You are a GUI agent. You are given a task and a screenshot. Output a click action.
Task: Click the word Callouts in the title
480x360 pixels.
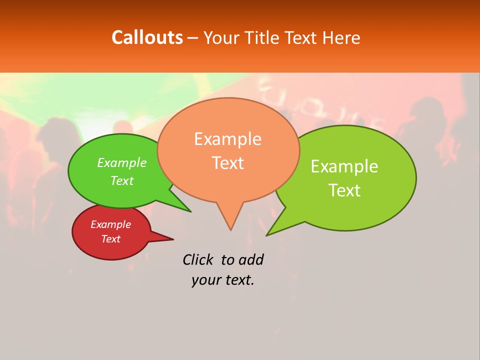(147, 37)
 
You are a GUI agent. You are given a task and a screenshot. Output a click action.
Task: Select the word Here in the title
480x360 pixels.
(341, 37)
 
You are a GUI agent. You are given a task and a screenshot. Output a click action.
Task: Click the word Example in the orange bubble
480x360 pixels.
(227, 139)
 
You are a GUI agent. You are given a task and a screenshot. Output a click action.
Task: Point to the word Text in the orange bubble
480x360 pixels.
(227, 162)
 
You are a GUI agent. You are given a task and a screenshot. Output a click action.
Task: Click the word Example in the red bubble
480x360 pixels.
(110, 224)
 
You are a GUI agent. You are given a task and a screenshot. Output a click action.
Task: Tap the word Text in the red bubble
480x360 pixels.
(110, 239)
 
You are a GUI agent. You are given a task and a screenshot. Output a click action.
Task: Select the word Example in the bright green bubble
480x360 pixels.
(121, 163)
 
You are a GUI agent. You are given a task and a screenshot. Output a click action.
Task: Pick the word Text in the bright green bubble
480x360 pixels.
(121, 180)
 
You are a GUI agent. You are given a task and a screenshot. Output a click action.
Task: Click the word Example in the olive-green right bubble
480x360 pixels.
(344, 166)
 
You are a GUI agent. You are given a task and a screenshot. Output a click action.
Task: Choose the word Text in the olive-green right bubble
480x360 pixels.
(344, 190)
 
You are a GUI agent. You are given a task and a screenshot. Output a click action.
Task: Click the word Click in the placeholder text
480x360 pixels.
(197, 259)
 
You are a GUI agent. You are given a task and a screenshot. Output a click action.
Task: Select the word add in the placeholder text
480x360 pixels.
(251, 259)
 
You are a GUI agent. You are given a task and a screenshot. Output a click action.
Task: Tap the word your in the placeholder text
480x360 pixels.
(205, 280)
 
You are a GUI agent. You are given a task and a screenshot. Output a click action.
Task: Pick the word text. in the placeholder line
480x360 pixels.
(238, 280)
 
